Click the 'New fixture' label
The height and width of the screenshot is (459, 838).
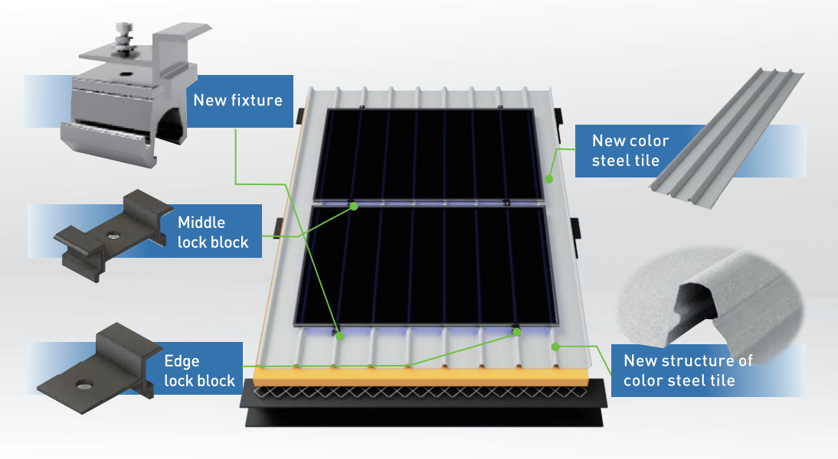click(237, 100)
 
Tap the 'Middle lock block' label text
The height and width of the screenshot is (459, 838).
click(213, 233)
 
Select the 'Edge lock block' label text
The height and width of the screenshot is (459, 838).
click(199, 371)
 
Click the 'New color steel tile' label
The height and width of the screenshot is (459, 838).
click(630, 151)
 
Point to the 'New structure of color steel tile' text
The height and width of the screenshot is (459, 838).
click(688, 370)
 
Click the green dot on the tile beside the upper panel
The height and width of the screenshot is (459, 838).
click(549, 178)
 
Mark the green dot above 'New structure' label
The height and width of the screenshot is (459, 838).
click(555, 346)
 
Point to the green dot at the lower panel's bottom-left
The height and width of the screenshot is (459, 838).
click(339, 335)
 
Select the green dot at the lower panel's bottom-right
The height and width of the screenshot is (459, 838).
click(517, 332)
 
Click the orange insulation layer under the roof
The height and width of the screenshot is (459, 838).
click(421, 376)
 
